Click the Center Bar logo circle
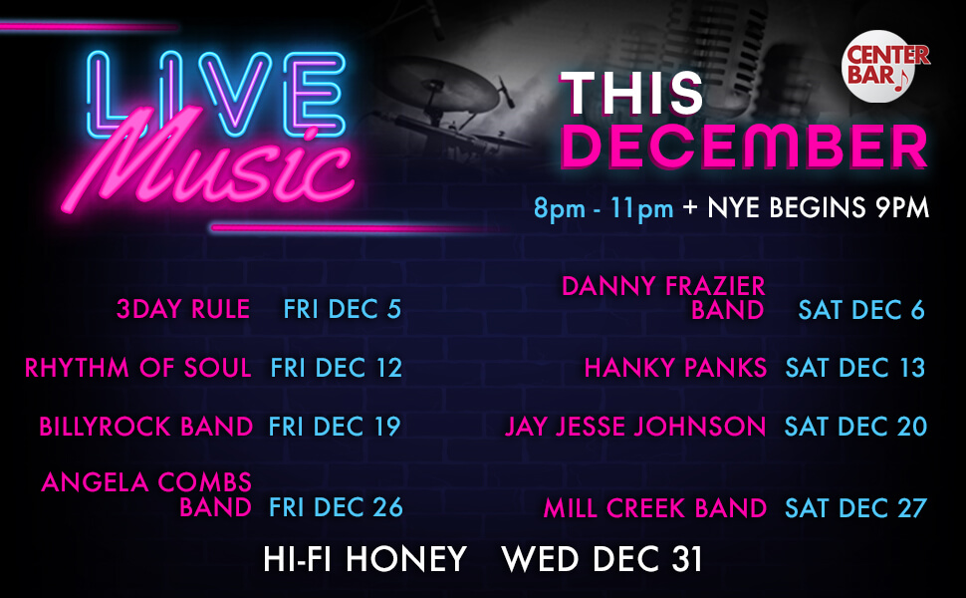pyautogui.click(x=884, y=67)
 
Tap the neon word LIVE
pyautogui.click(x=212, y=94)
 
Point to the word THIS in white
pyautogui.click(x=631, y=94)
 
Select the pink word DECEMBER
pyautogui.click(x=744, y=148)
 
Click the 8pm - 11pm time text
pyautogui.click(x=604, y=208)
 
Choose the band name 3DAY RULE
pyautogui.click(x=183, y=310)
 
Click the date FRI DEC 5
pyautogui.click(x=342, y=310)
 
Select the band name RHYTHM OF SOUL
pyautogui.click(x=137, y=368)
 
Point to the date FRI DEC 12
pyautogui.click(x=336, y=368)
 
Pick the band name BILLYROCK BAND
pyautogui.click(x=146, y=428)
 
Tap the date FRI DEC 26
pyautogui.click(x=336, y=507)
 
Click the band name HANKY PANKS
pyautogui.click(x=675, y=368)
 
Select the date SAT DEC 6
pyautogui.click(x=861, y=310)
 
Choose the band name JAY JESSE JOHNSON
pyautogui.click(x=635, y=428)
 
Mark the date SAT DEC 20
pyautogui.click(x=855, y=428)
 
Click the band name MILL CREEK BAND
pyautogui.click(x=654, y=508)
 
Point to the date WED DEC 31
pyautogui.click(x=603, y=559)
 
